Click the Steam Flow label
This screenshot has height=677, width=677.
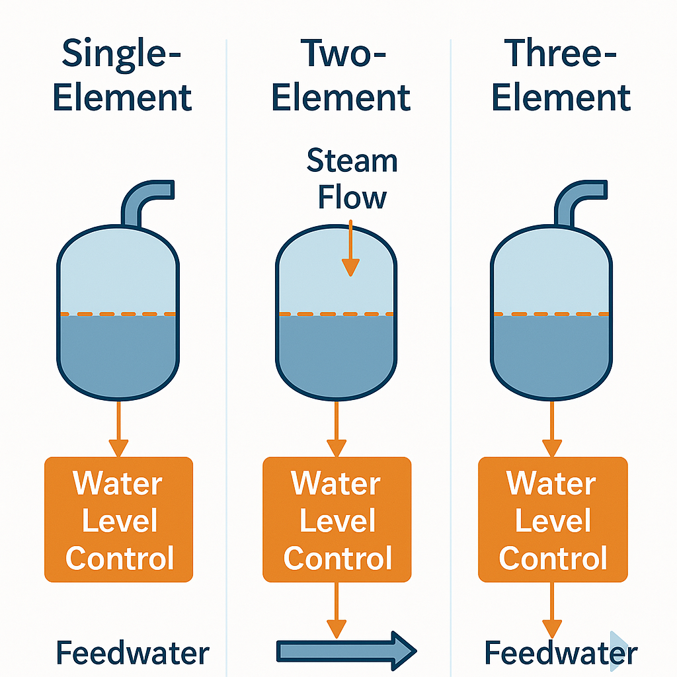coord(352,179)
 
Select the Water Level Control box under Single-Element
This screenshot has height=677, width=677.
coord(118,520)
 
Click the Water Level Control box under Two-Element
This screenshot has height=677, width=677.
coord(337,520)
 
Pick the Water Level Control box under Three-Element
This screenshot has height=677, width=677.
coord(553,520)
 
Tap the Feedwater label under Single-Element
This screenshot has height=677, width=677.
coord(132,653)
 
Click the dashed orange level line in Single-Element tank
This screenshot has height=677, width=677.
coord(118,313)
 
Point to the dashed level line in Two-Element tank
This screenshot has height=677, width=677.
coord(337,313)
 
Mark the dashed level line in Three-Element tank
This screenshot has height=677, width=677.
coord(551,313)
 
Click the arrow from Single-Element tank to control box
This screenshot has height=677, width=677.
coord(118,430)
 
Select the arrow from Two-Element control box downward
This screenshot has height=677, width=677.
coord(337,612)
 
